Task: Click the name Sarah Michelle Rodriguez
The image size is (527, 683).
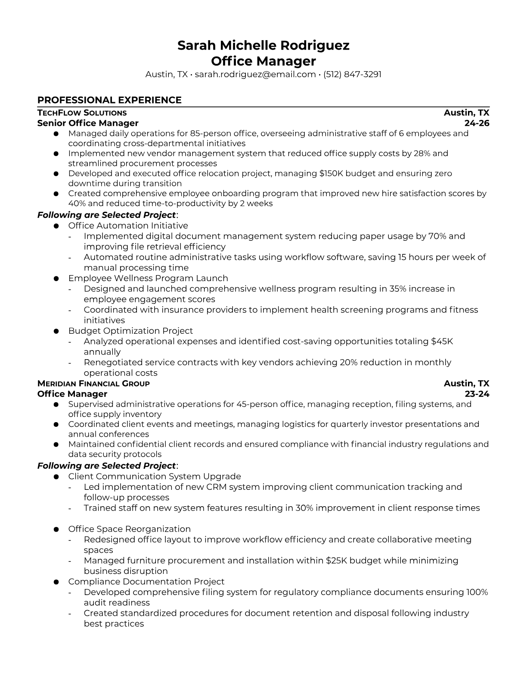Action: coord(263,45)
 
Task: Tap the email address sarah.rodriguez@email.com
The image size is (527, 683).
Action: coord(255,74)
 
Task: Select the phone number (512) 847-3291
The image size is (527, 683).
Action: coord(352,74)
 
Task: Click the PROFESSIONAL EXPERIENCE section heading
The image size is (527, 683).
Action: coord(109,100)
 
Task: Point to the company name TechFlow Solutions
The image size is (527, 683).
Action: coord(82,113)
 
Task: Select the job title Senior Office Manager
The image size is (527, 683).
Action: coord(88,123)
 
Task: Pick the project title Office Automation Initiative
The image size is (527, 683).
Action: coord(128,226)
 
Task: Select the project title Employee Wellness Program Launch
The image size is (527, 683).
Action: coord(148,278)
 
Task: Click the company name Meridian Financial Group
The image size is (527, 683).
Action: coord(93,384)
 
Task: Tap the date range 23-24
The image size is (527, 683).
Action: coord(477,394)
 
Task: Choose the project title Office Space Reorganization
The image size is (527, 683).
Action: coord(129,529)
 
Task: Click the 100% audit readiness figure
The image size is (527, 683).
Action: coord(477,592)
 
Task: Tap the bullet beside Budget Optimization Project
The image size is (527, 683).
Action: coord(56,331)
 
